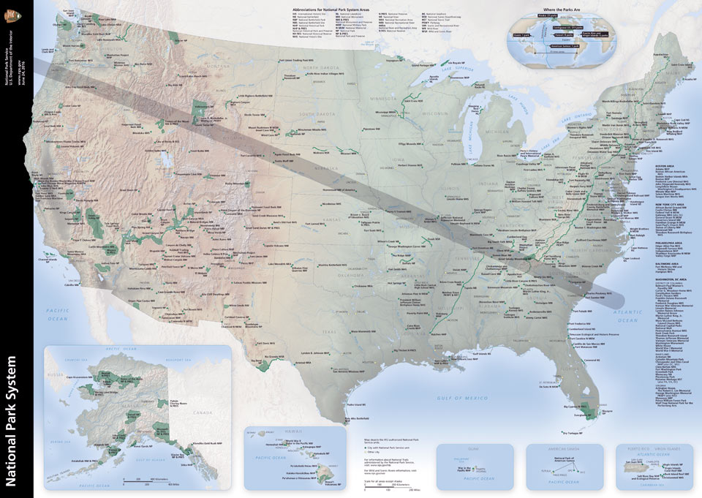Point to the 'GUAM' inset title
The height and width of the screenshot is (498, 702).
pos(472,445)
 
